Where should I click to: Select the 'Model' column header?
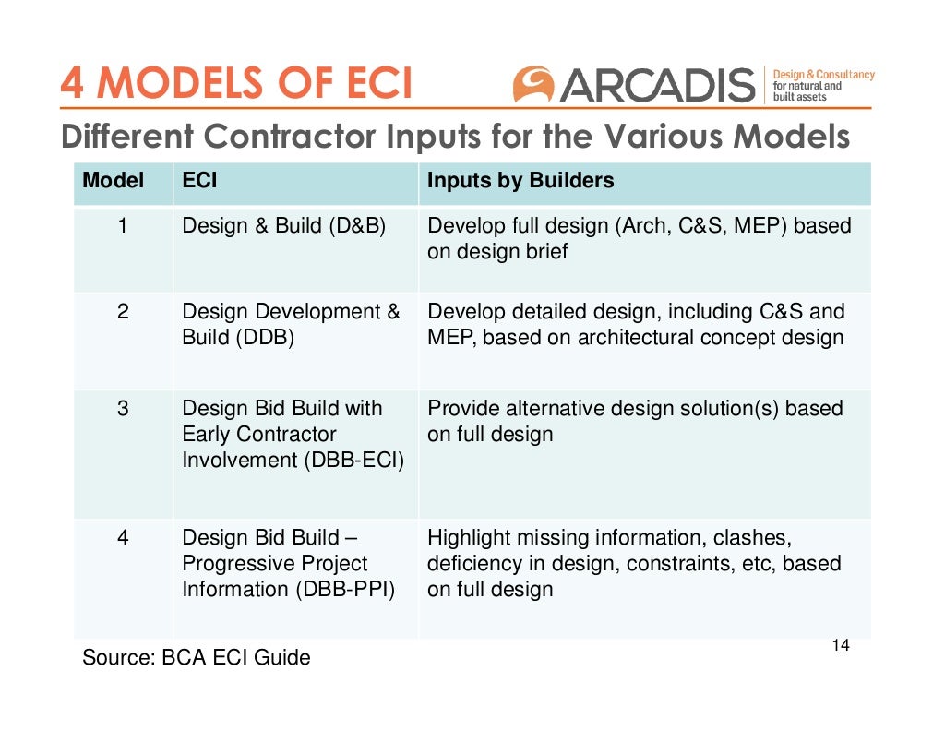pyautogui.click(x=114, y=181)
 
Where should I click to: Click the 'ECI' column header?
pyautogui.click(x=200, y=181)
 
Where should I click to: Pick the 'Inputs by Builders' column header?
pyautogui.click(x=520, y=181)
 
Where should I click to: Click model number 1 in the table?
pyautogui.click(x=122, y=225)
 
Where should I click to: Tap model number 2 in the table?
pyautogui.click(x=122, y=312)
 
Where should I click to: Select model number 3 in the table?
pyautogui.click(x=122, y=408)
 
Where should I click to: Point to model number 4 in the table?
pyautogui.click(x=122, y=537)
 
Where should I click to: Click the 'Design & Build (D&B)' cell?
pyautogui.click(x=283, y=225)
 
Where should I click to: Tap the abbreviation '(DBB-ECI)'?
pyautogui.click(x=353, y=460)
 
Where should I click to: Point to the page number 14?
pyautogui.click(x=840, y=645)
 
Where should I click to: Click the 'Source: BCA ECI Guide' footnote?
pyautogui.click(x=197, y=658)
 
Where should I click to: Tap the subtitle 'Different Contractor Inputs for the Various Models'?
pyautogui.click(x=455, y=137)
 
